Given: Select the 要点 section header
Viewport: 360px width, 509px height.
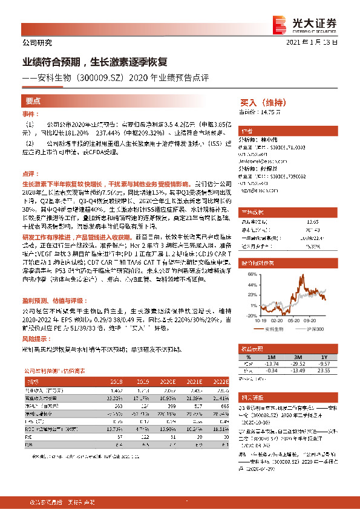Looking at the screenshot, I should (33, 101).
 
